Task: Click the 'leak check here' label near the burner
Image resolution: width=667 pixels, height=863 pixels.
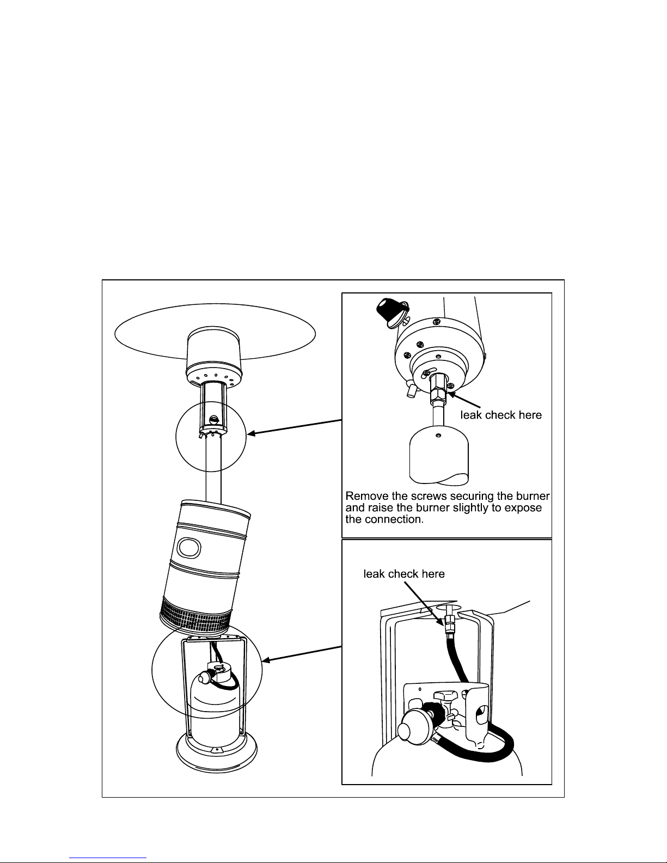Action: point(501,415)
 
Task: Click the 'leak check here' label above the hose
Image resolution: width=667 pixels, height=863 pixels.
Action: point(404,574)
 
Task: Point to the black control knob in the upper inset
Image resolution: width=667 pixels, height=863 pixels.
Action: point(391,312)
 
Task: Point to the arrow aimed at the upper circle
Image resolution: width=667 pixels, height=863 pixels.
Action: point(294,427)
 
